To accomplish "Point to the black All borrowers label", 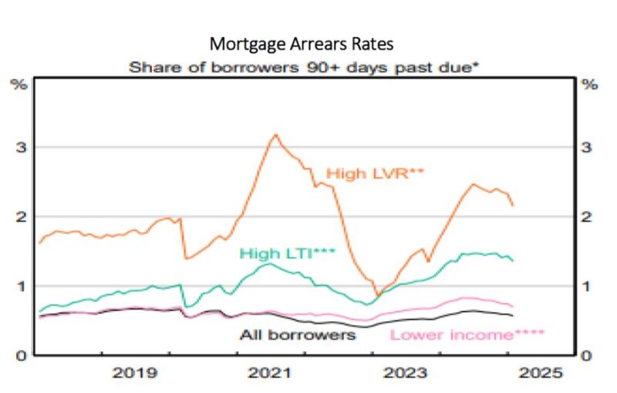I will pyautogui.click(x=297, y=335).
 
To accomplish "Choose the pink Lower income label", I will pyautogui.click(x=467, y=335).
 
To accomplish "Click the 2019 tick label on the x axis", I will pyautogui.click(x=137, y=374).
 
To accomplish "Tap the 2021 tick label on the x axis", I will pyautogui.click(x=270, y=374).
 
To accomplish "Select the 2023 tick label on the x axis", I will pyautogui.click(x=404, y=374).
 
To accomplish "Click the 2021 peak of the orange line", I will pyautogui.click(x=275, y=134).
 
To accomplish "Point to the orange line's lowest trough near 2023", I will pyautogui.click(x=377, y=295).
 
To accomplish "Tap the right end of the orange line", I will pyautogui.click(x=514, y=205).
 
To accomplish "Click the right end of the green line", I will pyautogui.click(x=514, y=260).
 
